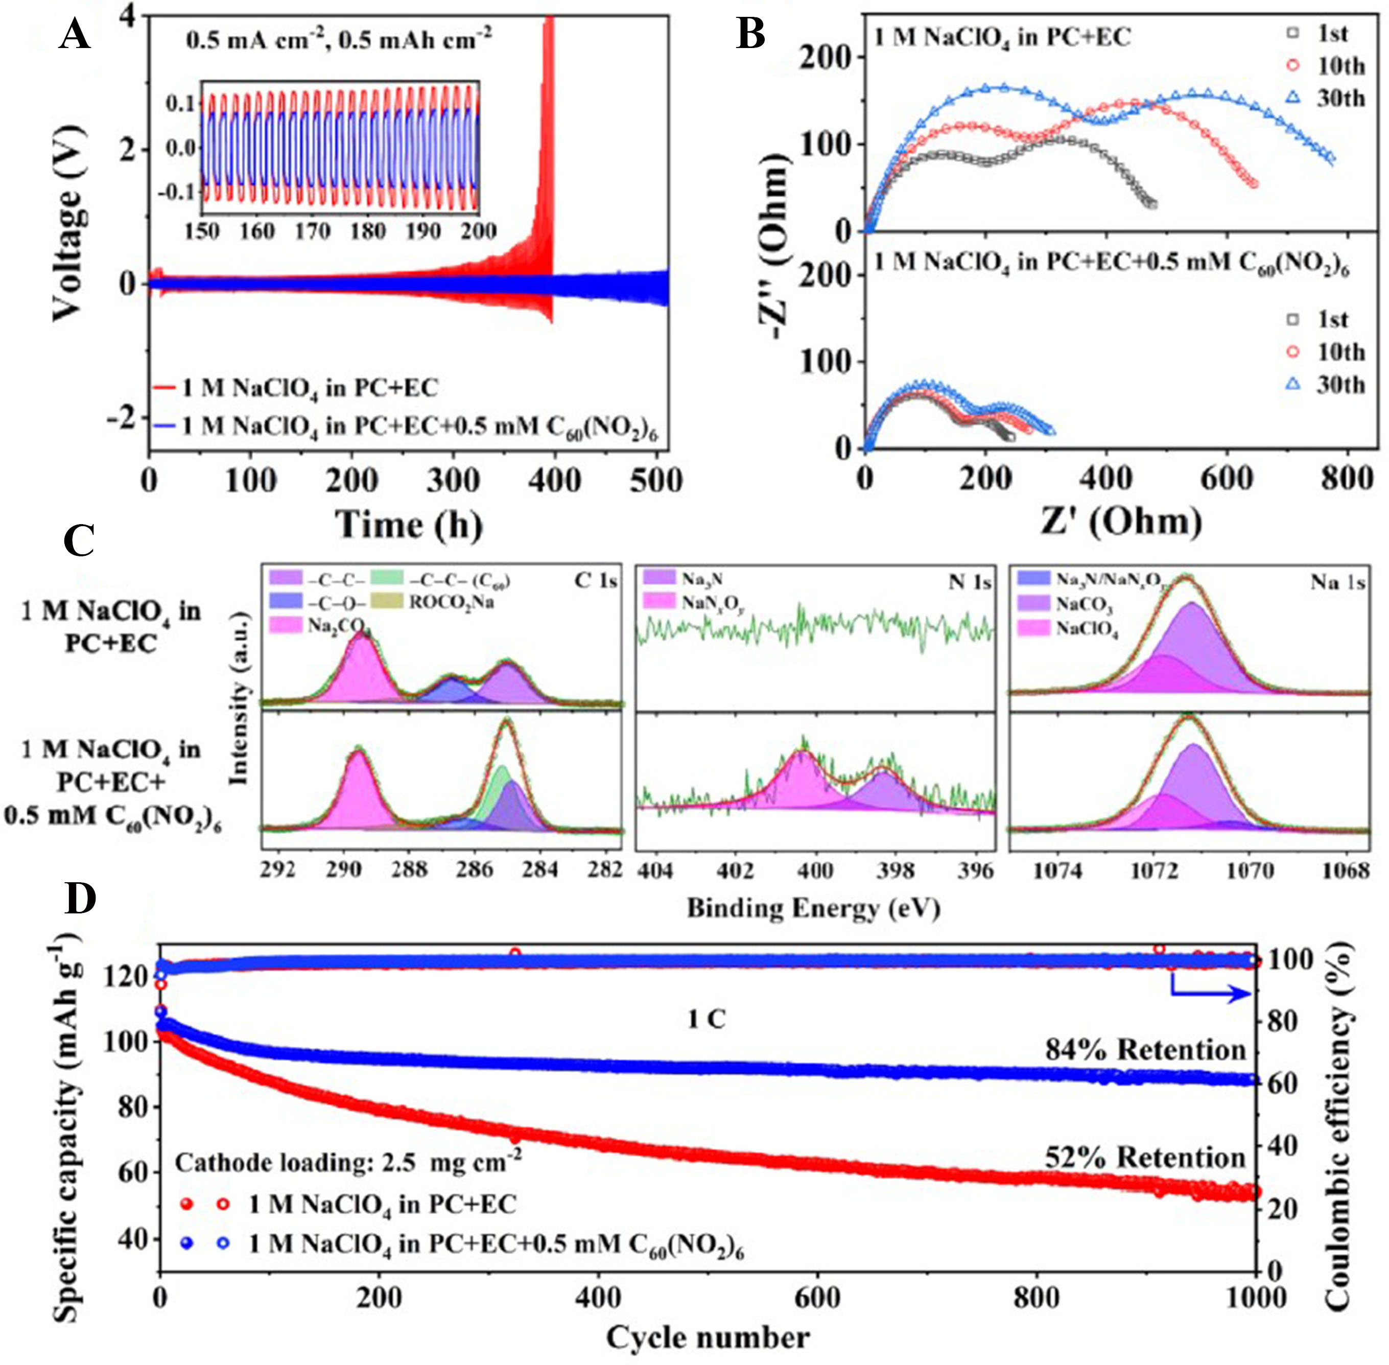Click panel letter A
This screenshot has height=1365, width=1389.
(74, 34)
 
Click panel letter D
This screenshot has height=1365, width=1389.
(80, 898)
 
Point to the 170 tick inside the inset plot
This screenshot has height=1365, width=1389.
(313, 231)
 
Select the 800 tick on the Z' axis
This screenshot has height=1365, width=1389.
(1348, 478)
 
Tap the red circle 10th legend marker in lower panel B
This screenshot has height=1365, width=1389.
(1293, 352)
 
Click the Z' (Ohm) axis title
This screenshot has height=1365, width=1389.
(1121, 521)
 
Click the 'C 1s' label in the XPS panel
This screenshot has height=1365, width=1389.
(595, 581)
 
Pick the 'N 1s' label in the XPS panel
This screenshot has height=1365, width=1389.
(970, 582)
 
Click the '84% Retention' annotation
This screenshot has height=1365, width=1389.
(1145, 1050)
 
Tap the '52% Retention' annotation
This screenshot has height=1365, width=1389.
(1145, 1158)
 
